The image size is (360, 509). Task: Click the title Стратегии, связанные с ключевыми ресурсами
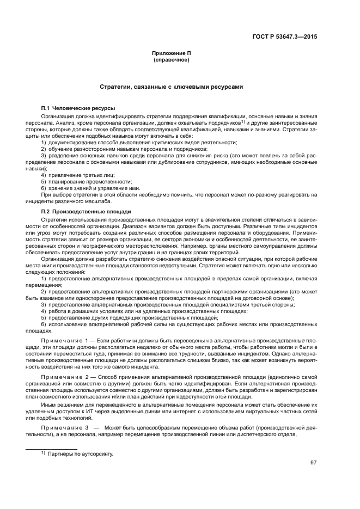pos(171,87)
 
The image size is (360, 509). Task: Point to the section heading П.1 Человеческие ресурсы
pos(78,108)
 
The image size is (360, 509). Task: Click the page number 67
pos(314,462)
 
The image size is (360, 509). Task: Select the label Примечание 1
pos(66,340)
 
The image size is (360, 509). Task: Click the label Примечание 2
pos(66,376)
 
